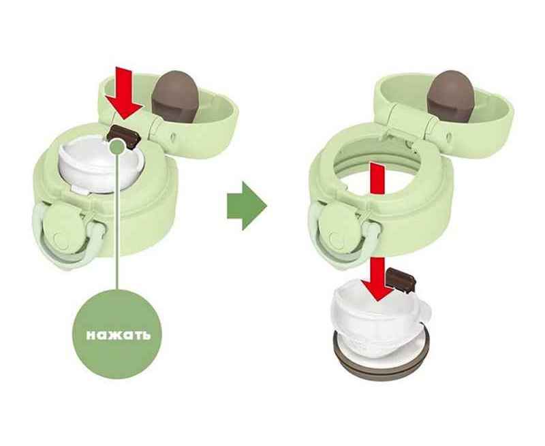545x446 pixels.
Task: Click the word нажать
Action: click(118, 335)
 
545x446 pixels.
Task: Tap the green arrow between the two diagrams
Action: click(247, 206)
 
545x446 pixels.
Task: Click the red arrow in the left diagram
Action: click(124, 93)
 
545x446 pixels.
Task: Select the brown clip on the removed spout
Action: click(401, 279)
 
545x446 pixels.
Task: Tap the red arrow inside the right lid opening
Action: click(377, 179)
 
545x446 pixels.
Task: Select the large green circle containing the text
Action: click(118, 334)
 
